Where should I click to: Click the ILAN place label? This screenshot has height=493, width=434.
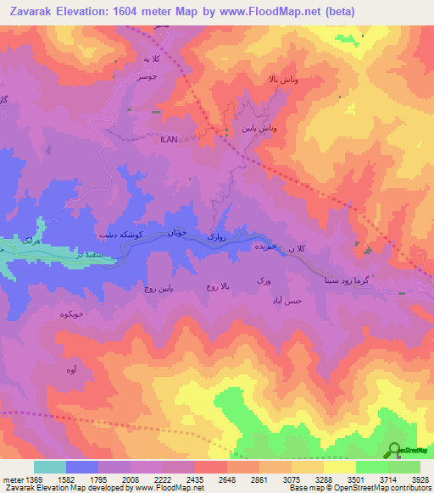[x=169, y=141]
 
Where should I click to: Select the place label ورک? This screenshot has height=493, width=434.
[x=263, y=280]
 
